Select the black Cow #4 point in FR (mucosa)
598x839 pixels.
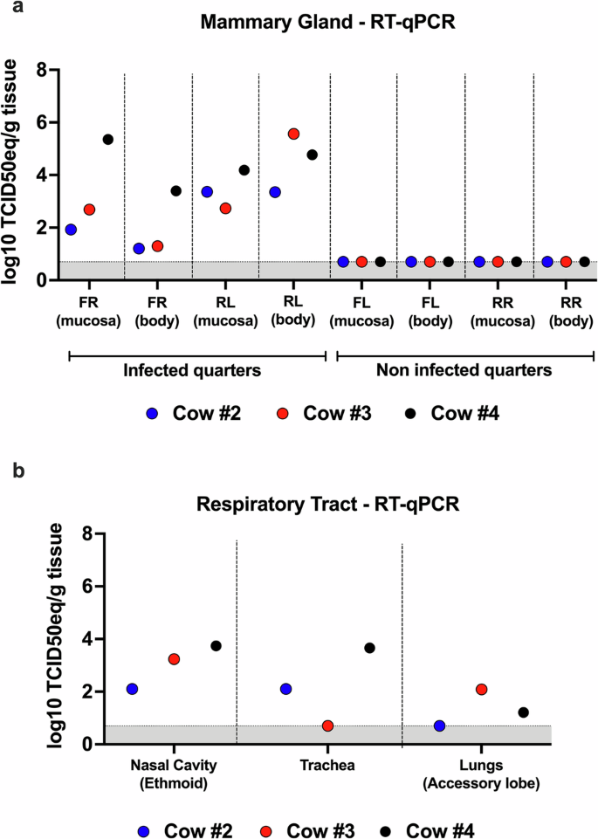[x=108, y=140]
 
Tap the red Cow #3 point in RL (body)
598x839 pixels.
[x=293, y=134]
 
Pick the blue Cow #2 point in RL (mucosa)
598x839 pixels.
[x=207, y=192]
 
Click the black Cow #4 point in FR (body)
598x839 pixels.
[x=175, y=191]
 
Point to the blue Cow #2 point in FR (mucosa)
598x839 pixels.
[x=71, y=230]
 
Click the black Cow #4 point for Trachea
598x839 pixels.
[x=369, y=648]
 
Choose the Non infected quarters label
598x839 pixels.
[x=464, y=369]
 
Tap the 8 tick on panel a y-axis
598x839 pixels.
[x=41, y=70]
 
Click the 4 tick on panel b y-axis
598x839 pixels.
[x=86, y=640]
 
